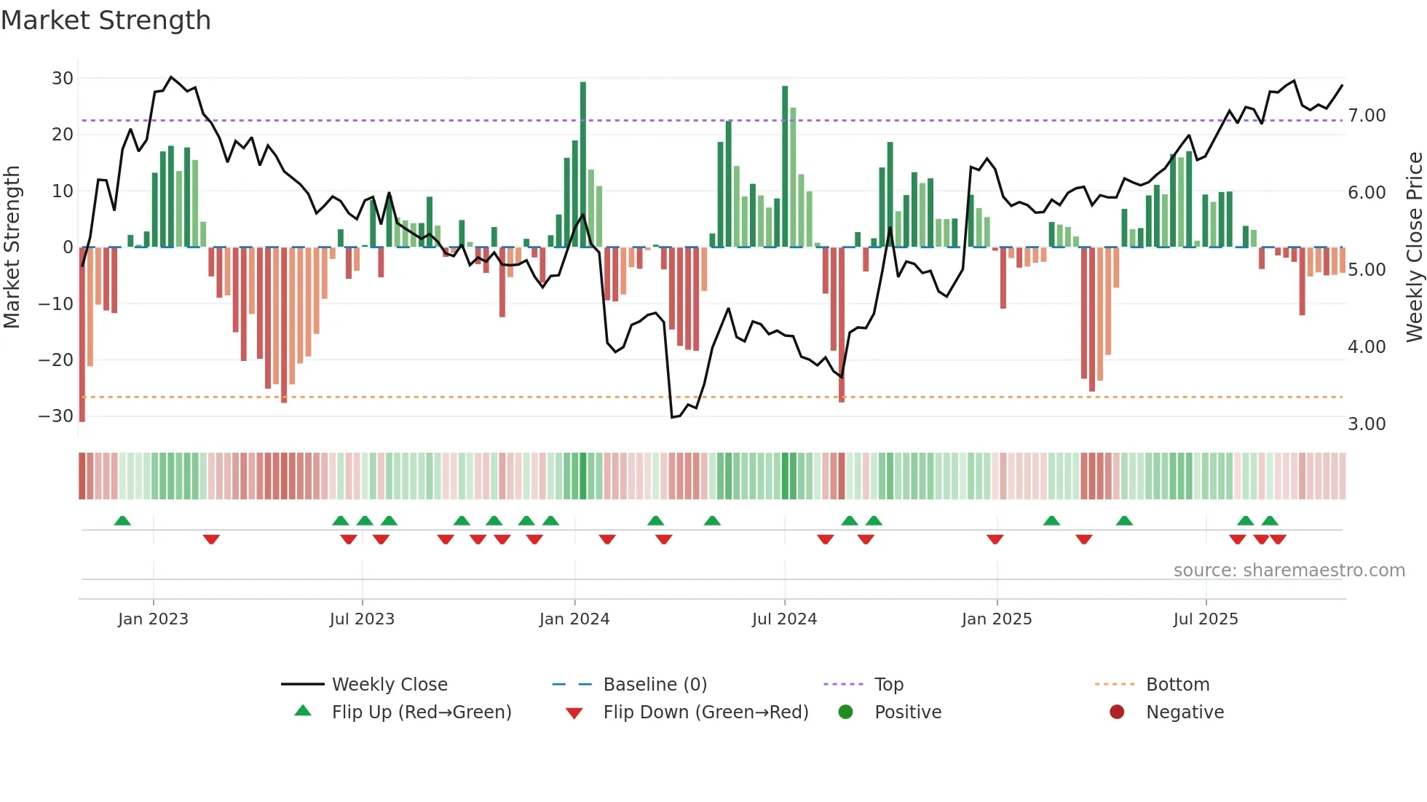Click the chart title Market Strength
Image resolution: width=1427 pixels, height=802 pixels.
[x=106, y=20]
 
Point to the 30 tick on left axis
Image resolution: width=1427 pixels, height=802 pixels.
[x=63, y=78]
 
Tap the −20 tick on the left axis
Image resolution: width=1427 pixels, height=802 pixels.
[x=56, y=360]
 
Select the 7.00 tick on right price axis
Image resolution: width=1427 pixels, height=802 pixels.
[x=1367, y=115]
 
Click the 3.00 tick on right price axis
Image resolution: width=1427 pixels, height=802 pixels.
[x=1367, y=424]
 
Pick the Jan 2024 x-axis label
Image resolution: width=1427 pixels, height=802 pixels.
[x=574, y=619]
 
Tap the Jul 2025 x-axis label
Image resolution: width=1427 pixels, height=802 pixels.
[x=1206, y=619]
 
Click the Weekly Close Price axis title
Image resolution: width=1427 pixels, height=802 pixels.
[x=1414, y=247]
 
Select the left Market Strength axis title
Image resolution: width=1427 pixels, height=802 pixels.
[x=12, y=247]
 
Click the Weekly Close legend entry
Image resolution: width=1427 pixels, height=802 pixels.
[x=390, y=684]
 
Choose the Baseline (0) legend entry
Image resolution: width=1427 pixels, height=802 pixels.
[x=655, y=684]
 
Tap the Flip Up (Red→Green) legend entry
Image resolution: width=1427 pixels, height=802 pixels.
[x=422, y=712]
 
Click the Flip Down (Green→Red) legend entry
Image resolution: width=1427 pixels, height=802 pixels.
[x=705, y=712]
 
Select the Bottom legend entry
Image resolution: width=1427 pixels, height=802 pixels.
[x=1177, y=684]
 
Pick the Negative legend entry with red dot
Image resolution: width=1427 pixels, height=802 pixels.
[x=1185, y=712]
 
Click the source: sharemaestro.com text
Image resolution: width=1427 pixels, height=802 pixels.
[x=1289, y=570]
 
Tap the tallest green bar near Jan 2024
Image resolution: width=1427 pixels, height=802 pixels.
[x=583, y=164]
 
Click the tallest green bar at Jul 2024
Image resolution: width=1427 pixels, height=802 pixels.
[x=785, y=166]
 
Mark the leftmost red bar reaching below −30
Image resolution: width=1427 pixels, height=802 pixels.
[x=82, y=335]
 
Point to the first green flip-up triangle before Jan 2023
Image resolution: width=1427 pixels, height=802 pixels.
[x=122, y=520]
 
